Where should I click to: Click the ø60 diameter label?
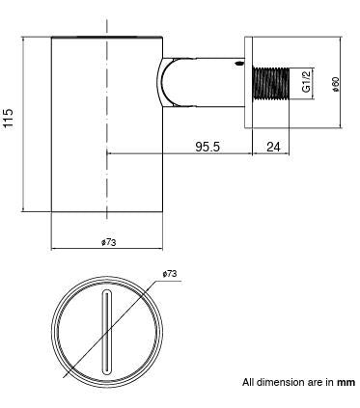point(335,85)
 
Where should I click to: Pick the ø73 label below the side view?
point(107,242)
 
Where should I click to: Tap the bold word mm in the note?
point(346,382)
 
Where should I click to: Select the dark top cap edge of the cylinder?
point(107,38)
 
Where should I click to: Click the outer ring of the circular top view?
point(61,334)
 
